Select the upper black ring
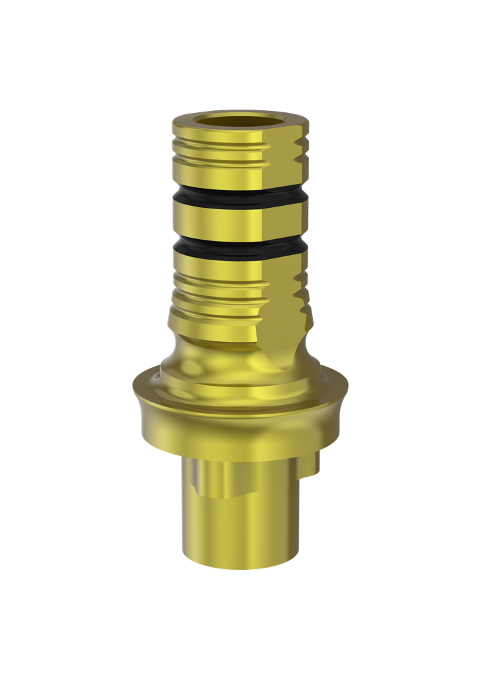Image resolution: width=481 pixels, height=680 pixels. tap(219, 197)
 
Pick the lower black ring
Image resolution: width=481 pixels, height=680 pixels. tap(219, 248)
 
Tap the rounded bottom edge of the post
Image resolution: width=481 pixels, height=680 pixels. tap(239, 564)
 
